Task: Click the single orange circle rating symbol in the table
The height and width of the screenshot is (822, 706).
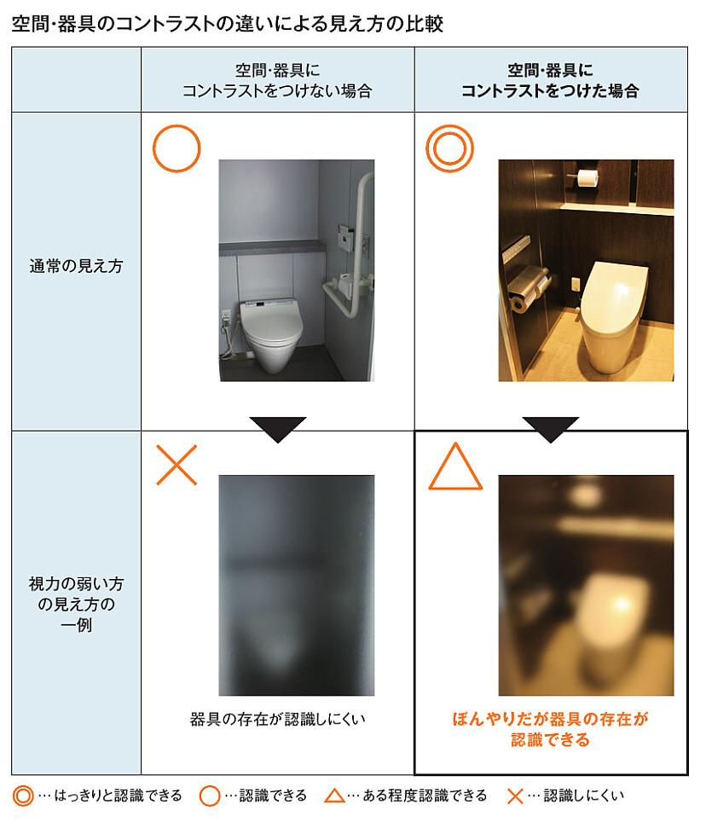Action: click(176, 148)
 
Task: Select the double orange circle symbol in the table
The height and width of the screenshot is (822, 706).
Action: click(449, 148)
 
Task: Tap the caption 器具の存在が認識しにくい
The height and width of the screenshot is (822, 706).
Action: click(277, 719)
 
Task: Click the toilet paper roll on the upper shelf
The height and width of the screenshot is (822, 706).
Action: click(586, 177)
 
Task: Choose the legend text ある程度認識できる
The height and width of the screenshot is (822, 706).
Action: click(425, 796)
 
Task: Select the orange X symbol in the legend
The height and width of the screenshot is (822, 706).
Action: click(514, 796)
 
